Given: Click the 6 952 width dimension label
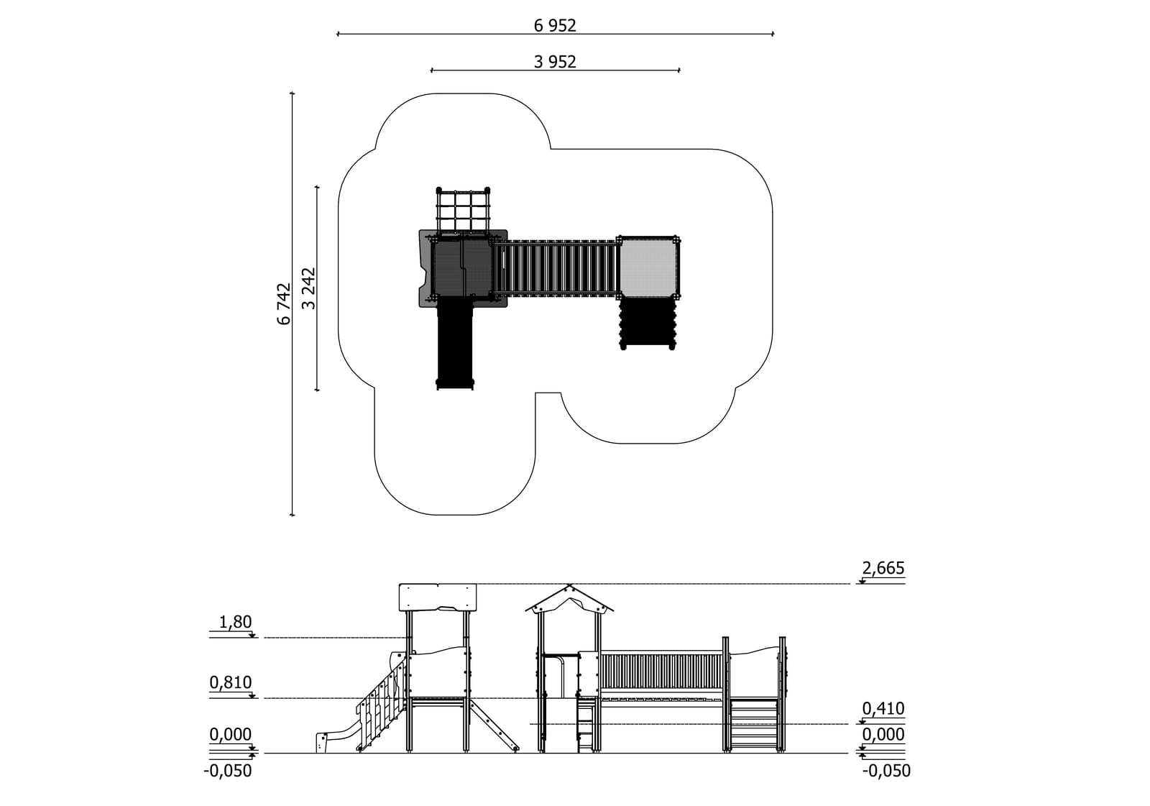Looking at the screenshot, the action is (x=554, y=25).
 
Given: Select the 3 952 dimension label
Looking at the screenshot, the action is (x=554, y=62).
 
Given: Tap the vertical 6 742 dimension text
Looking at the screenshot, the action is (x=284, y=303).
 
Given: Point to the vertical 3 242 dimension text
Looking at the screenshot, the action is (x=308, y=288).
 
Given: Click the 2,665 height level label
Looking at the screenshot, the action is (x=883, y=568).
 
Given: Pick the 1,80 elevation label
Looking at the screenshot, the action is (x=235, y=622).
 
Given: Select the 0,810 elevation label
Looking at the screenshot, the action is (x=231, y=683).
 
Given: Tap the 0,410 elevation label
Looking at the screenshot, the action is (x=883, y=709).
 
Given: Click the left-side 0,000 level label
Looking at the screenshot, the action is (x=231, y=735).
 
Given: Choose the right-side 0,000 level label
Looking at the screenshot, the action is (x=883, y=735).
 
